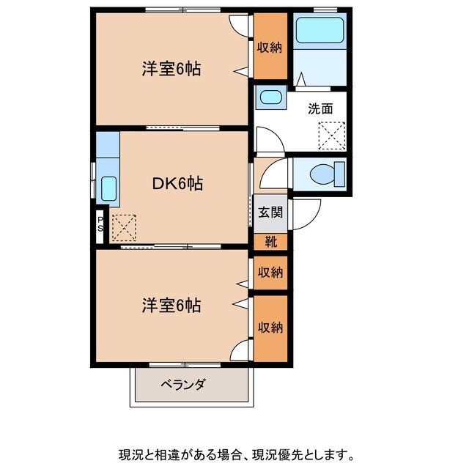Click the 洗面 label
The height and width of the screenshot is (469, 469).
(x=320, y=109)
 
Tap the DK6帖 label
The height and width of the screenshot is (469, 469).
(x=177, y=184)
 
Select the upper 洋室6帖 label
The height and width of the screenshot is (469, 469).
(x=171, y=70)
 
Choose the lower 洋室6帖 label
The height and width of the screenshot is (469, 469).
(x=171, y=306)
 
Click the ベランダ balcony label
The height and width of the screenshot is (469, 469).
(x=183, y=384)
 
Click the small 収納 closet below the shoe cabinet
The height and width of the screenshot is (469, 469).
(x=270, y=273)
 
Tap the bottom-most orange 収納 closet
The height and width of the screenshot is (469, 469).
(x=270, y=327)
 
